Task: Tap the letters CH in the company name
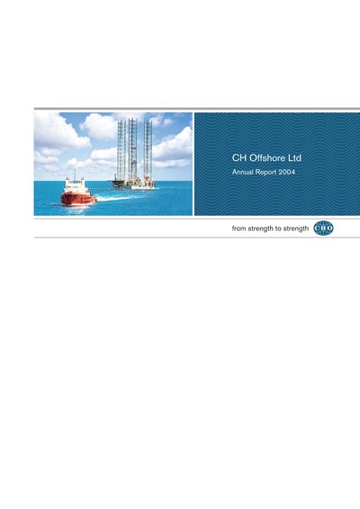[239, 157]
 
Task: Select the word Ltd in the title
[295, 157]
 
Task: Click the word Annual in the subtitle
[242, 172]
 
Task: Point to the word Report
[265, 173]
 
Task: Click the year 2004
[286, 172]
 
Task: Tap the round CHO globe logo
[323, 228]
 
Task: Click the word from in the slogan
[238, 228]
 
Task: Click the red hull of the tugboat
[79, 199]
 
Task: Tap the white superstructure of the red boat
[75, 186]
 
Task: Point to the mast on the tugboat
[75, 173]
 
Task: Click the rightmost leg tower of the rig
[148, 150]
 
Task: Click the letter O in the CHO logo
[329, 228]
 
